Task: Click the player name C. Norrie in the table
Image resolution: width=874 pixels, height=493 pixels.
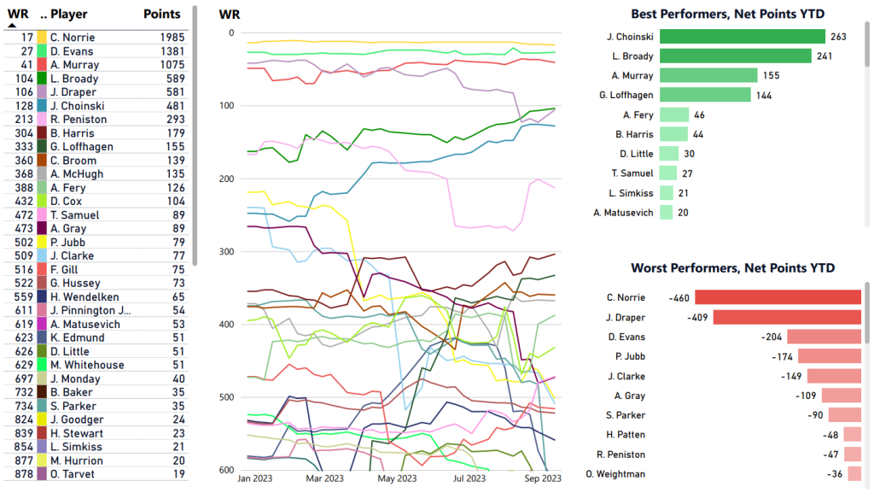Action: (x=73, y=38)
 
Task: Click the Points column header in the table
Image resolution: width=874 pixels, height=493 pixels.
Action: (x=162, y=14)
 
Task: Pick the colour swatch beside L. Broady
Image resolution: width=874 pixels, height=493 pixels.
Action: (x=41, y=79)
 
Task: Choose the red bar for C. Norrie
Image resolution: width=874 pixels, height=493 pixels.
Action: (x=778, y=297)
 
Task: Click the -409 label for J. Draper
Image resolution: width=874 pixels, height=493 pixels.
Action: (x=699, y=317)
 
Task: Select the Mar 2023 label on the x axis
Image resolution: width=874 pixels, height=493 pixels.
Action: (x=326, y=478)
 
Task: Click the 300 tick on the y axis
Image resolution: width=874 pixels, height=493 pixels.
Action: (x=225, y=252)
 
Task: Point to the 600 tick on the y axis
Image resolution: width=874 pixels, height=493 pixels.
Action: (x=225, y=470)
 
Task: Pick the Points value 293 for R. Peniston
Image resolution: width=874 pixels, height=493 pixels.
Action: (x=171, y=120)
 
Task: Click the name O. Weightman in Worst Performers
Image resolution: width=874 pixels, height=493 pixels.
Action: (x=615, y=474)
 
